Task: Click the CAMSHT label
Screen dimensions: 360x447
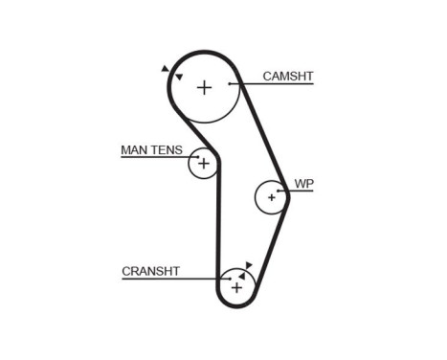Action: (x=288, y=76)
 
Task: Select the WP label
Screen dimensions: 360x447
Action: (x=302, y=183)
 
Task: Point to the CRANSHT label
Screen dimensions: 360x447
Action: (x=151, y=271)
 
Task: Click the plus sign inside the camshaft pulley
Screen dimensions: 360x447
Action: (x=204, y=87)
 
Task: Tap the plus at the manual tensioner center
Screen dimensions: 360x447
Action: (x=202, y=163)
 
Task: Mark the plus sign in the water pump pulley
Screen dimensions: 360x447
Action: (x=272, y=197)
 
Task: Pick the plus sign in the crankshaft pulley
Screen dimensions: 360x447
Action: (x=236, y=286)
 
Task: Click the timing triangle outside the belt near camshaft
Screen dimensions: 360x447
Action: (x=165, y=69)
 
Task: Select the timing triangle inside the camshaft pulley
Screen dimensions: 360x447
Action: (x=179, y=77)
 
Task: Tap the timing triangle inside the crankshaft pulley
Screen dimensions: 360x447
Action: (x=242, y=275)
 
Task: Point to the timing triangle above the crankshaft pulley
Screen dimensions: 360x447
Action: (x=249, y=264)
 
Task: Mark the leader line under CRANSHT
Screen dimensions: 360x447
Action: (x=172, y=279)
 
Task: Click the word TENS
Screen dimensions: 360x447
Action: (x=169, y=149)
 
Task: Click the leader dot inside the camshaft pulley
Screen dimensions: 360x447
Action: (x=230, y=84)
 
